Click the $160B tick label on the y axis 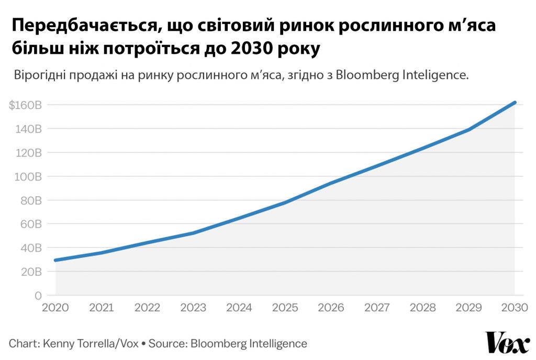pyautogui.click(x=25, y=105)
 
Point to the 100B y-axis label pyautogui.click(x=28, y=176)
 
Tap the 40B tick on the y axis pyautogui.click(x=31, y=248)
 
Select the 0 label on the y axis pyautogui.click(x=38, y=296)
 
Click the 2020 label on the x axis pyautogui.click(x=55, y=308)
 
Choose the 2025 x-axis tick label pyautogui.click(x=285, y=308)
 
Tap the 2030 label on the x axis pyautogui.click(x=515, y=308)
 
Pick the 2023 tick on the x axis pyautogui.click(x=193, y=308)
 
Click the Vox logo pyautogui.click(x=507, y=343)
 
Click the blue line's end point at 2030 pyautogui.click(x=515, y=103)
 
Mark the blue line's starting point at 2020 pyautogui.click(x=55, y=260)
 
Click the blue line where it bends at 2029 pyautogui.click(x=468, y=129)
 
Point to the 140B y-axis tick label pyautogui.click(x=29, y=129)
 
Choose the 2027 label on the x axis pyautogui.click(x=377, y=308)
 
